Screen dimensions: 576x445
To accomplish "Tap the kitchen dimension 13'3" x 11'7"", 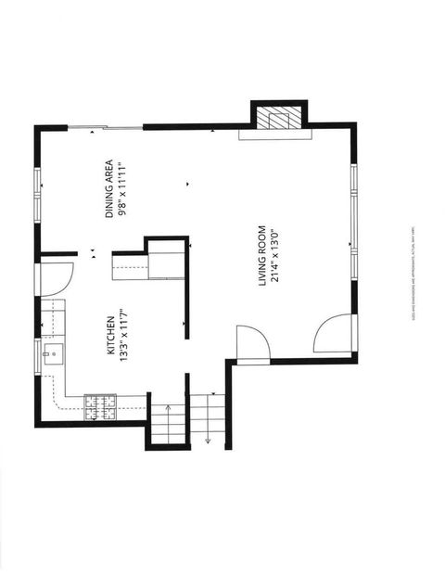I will (x=123, y=335).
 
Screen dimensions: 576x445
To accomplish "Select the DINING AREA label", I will (x=109, y=188).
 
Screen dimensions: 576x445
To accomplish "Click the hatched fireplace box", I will (x=279, y=118).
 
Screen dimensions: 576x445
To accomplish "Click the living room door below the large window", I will (x=333, y=334).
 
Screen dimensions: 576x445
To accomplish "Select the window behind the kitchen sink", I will (x=38, y=353).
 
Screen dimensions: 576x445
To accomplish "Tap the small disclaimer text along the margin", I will (x=411, y=275).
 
